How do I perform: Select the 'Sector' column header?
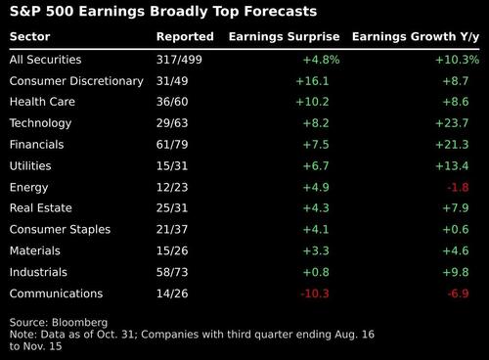point(29,37)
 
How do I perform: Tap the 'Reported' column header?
point(185,37)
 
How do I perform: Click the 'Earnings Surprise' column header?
point(284,37)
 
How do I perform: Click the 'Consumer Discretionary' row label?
point(76,80)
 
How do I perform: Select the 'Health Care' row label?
point(43,102)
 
